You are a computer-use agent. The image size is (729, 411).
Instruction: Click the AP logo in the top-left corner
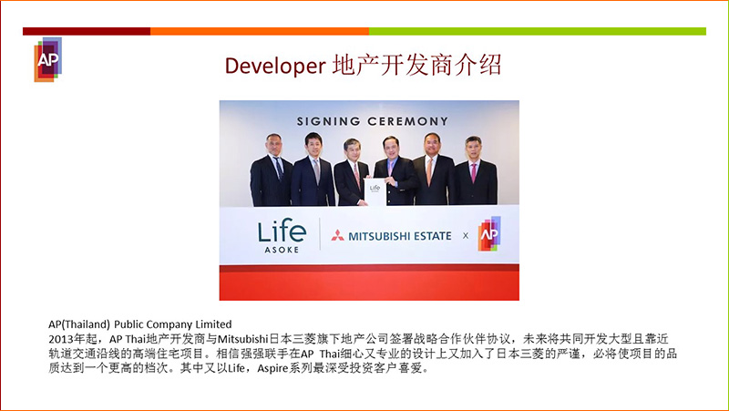48,59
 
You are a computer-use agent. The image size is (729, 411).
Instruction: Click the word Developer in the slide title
275,66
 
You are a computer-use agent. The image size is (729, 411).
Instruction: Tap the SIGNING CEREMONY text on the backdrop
372,121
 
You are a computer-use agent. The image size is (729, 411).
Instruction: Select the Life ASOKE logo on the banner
282,236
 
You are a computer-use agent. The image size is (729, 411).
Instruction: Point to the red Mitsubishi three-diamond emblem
337,235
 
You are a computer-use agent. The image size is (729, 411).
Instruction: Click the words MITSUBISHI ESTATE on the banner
400,236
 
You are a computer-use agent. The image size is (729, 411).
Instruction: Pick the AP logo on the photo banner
489,234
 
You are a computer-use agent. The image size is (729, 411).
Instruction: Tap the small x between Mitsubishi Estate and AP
466,236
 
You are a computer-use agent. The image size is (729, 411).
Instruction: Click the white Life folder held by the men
375,191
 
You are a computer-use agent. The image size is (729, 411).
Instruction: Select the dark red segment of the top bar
87,31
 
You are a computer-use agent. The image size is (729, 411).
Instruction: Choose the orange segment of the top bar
260,31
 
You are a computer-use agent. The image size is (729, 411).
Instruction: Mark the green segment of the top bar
538,31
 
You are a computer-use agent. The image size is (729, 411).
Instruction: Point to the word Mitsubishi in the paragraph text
243,338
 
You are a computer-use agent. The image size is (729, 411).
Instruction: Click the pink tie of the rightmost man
473,172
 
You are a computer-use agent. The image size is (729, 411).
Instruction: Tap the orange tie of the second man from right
429,171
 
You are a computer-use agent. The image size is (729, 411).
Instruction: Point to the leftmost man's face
274,146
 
